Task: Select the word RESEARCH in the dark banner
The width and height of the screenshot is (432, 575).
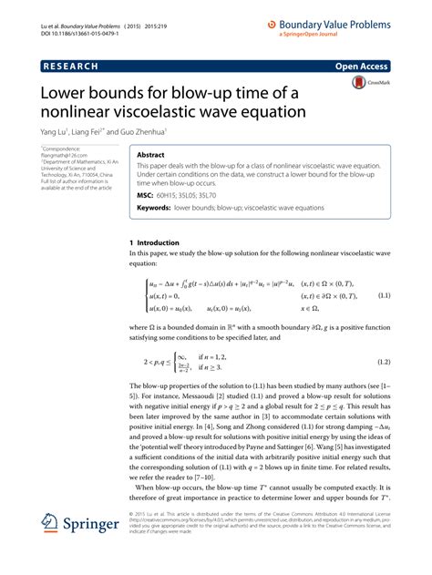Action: [x=69, y=67]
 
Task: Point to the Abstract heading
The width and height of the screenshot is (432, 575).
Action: [x=151, y=156]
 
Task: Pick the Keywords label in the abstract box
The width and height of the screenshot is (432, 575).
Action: [x=155, y=208]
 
